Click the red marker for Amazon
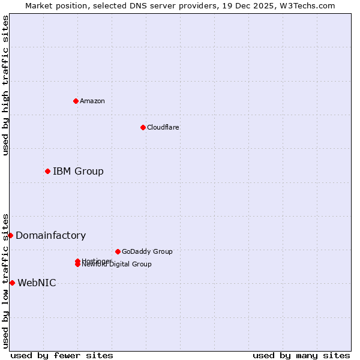(76, 101)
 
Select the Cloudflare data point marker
(143, 127)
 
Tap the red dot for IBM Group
(47, 172)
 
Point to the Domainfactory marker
(10, 235)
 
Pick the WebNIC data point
(12, 283)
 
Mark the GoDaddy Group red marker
(118, 251)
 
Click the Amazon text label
(92, 101)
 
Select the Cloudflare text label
(163, 127)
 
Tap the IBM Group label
(78, 172)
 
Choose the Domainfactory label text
(50, 236)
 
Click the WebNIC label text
(37, 283)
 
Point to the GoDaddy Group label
(147, 251)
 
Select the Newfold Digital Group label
(118, 265)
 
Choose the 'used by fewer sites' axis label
(62, 355)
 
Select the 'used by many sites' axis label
(301, 355)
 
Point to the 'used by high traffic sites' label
(5, 85)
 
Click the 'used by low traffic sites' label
(5, 280)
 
